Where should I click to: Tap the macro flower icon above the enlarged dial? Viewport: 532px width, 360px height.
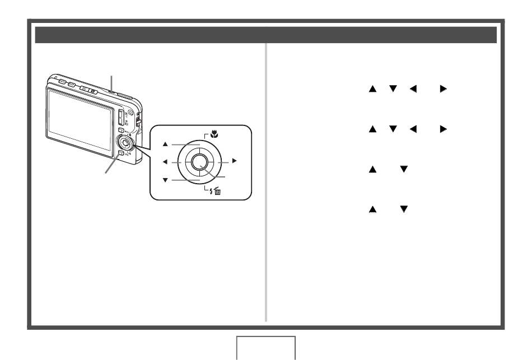[x=212, y=135]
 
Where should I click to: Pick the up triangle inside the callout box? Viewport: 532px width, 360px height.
[x=165, y=143]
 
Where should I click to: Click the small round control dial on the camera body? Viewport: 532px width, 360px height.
[x=124, y=142]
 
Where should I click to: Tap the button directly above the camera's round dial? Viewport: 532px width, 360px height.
[x=121, y=130]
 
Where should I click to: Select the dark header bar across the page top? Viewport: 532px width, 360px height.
[x=266, y=35]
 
